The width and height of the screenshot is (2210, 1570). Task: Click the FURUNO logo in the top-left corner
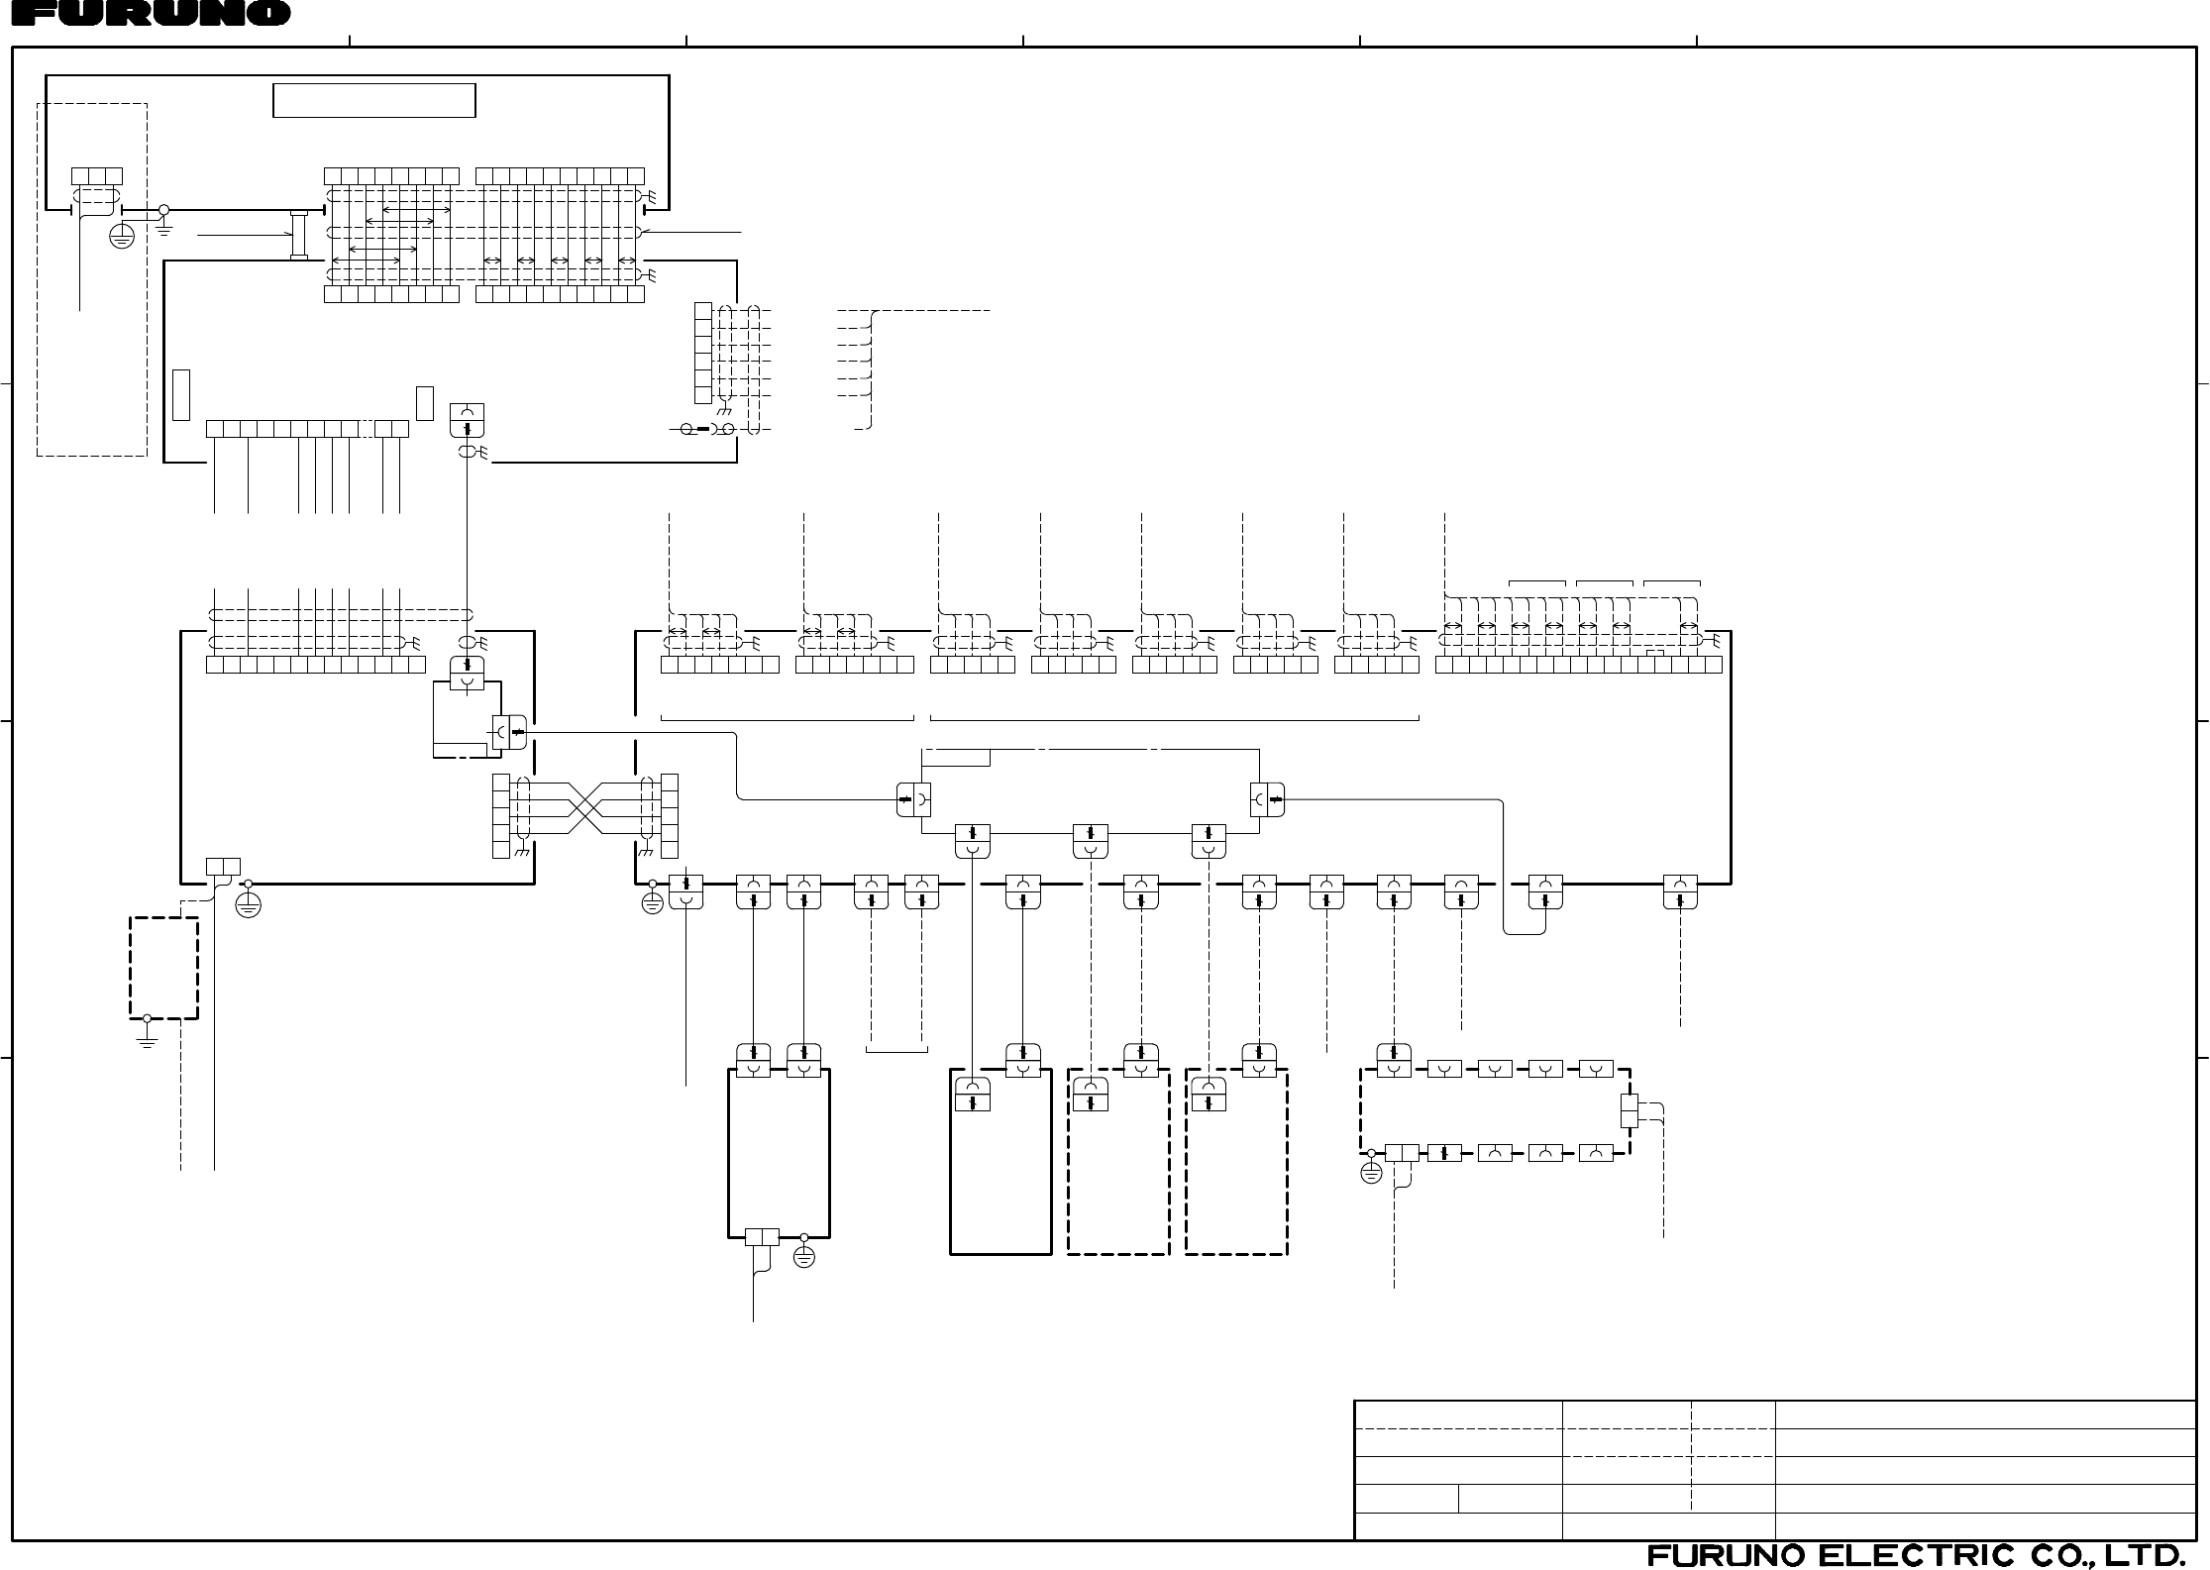point(146,13)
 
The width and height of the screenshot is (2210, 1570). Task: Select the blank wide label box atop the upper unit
point(373,101)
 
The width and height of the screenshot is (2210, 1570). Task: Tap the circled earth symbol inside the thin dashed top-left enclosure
point(121,237)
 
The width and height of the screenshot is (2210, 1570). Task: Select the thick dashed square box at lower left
point(163,968)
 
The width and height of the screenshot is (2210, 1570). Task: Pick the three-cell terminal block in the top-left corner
point(97,176)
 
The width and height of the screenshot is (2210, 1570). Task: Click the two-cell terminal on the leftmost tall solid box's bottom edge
point(762,1236)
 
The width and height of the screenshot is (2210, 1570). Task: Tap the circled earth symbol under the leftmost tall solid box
point(804,1258)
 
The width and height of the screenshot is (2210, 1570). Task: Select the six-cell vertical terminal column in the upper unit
point(703,353)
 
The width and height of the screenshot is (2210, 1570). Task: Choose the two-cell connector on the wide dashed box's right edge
point(1629,1110)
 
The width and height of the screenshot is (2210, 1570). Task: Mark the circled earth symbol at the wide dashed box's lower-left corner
point(1371,1174)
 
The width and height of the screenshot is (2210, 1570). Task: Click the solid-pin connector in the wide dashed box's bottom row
point(1444,1153)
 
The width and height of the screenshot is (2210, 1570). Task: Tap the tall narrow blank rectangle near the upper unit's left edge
point(180,394)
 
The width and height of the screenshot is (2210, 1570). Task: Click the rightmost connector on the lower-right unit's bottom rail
point(1680,891)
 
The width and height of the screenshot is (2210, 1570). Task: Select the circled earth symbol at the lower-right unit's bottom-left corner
point(652,903)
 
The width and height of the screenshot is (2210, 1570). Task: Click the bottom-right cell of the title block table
point(1985,1526)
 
